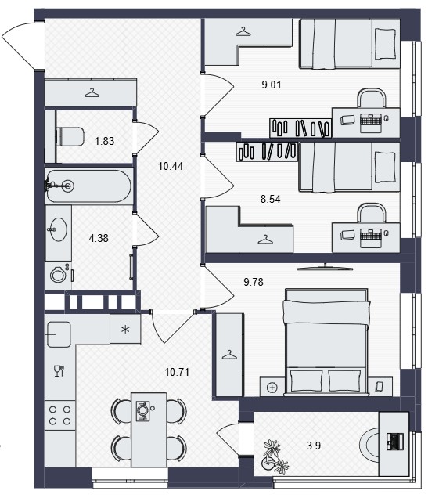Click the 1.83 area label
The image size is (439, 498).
click(104, 141)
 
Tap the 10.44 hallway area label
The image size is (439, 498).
click(171, 166)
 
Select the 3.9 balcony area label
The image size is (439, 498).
click(314, 446)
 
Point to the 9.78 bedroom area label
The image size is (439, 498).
click(254, 282)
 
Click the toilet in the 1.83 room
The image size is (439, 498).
click(70, 137)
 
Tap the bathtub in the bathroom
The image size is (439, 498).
click(88, 186)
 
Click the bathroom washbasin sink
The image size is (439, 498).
click(58, 229)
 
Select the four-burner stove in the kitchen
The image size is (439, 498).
click(60, 416)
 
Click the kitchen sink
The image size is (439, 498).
click(59, 334)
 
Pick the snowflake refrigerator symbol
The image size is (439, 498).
click(125, 330)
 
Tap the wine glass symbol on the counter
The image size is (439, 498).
click(59, 370)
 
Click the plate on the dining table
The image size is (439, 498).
click(142, 411)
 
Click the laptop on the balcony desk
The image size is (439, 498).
click(395, 441)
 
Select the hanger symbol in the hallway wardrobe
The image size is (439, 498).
click(92, 92)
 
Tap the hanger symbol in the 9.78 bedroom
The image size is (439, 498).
click(229, 355)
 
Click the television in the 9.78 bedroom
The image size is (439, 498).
click(326, 268)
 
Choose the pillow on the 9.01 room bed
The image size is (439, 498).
click(385, 44)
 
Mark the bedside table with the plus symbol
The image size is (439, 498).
click(272, 386)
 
